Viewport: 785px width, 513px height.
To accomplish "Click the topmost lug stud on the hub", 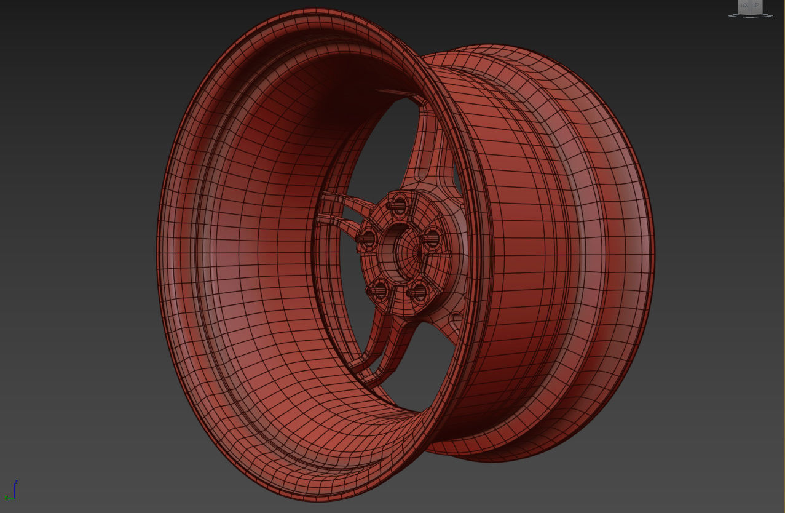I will [x=399, y=204].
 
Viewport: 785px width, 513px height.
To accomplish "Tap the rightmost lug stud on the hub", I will [x=432, y=238].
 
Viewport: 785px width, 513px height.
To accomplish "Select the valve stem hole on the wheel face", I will [x=456, y=319].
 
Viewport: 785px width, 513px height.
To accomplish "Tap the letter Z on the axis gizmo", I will [x=16, y=482].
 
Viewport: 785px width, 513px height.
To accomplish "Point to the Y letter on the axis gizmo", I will [x=5, y=498].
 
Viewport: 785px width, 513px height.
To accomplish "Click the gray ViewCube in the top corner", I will [x=749, y=6].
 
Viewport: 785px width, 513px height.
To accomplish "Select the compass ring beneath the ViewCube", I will [x=750, y=15].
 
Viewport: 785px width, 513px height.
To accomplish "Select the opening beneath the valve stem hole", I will [x=430, y=369].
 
